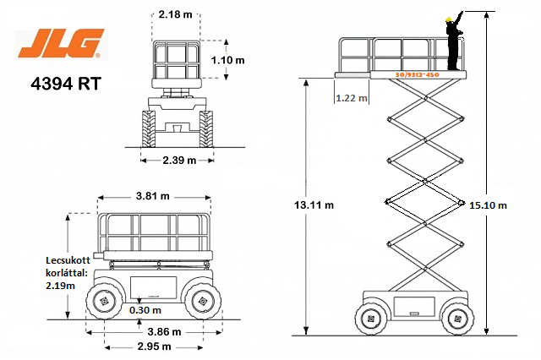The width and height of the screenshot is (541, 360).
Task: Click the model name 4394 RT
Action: (66, 84)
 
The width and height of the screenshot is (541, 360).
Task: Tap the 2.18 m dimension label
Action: (175, 14)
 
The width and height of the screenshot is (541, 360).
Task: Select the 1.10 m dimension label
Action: (227, 60)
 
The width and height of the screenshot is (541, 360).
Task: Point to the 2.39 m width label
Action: (179, 161)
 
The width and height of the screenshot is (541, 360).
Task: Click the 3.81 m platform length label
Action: (152, 196)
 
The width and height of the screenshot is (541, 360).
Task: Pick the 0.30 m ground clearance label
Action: (145, 310)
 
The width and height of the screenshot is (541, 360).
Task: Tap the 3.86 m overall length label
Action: (164, 332)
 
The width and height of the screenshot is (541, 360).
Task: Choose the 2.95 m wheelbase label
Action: (154, 346)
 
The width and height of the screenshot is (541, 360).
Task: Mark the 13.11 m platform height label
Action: (314, 205)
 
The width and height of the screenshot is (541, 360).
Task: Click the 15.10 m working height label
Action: (488, 205)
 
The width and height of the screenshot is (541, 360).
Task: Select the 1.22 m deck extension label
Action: (352, 98)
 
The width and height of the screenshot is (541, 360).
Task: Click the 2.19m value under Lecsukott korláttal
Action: (60, 286)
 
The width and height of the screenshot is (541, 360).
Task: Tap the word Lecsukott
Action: (68, 260)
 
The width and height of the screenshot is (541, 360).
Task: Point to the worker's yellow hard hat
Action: (448, 19)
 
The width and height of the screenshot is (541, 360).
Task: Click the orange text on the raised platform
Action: (417, 74)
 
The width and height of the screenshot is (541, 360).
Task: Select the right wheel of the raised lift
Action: (458, 319)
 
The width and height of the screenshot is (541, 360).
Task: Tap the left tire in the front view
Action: (149, 129)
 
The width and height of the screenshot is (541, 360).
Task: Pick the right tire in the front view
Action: (206, 129)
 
